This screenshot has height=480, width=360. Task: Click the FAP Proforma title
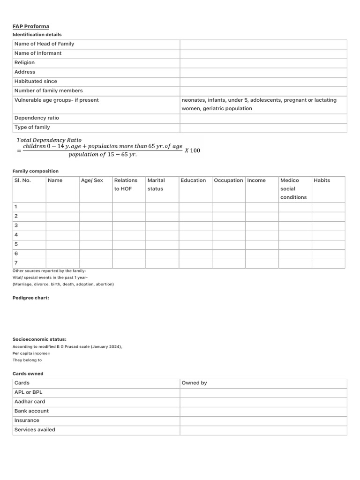pyautogui.click(x=30, y=26)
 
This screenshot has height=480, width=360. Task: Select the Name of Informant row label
pyautogui.click(x=38, y=53)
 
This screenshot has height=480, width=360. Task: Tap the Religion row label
pyautogui.click(x=24, y=62)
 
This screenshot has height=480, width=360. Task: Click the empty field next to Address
pyautogui.click(x=263, y=72)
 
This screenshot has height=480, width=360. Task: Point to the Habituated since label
pyautogui.click(x=36, y=81)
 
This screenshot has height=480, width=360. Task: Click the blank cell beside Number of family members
pyautogui.click(x=263, y=90)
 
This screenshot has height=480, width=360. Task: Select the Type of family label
pyautogui.click(x=32, y=127)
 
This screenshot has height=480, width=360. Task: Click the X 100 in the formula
pyautogui.click(x=192, y=150)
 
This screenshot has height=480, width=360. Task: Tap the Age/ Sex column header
pyautogui.click(x=92, y=180)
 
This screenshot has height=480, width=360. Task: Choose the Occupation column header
pyautogui.click(x=228, y=180)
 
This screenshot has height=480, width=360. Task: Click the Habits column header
pyautogui.click(x=322, y=180)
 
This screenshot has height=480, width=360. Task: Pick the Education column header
pyautogui.click(x=193, y=180)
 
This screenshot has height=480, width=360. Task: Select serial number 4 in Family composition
pyautogui.click(x=16, y=234)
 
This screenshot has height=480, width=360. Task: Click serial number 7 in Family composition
pyautogui.click(x=16, y=263)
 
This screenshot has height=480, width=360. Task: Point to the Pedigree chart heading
pyautogui.click(x=30, y=298)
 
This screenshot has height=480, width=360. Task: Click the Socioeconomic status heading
pyautogui.click(x=39, y=339)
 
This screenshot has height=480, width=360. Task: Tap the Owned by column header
pyautogui.click(x=194, y=382)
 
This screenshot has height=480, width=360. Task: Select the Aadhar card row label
pyautogui.click(x=30, y=401)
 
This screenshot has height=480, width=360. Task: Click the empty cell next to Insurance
pyautogui.click(x=263, y=420)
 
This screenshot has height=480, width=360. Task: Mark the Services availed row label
pyautogui.click(x=35, y=429)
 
